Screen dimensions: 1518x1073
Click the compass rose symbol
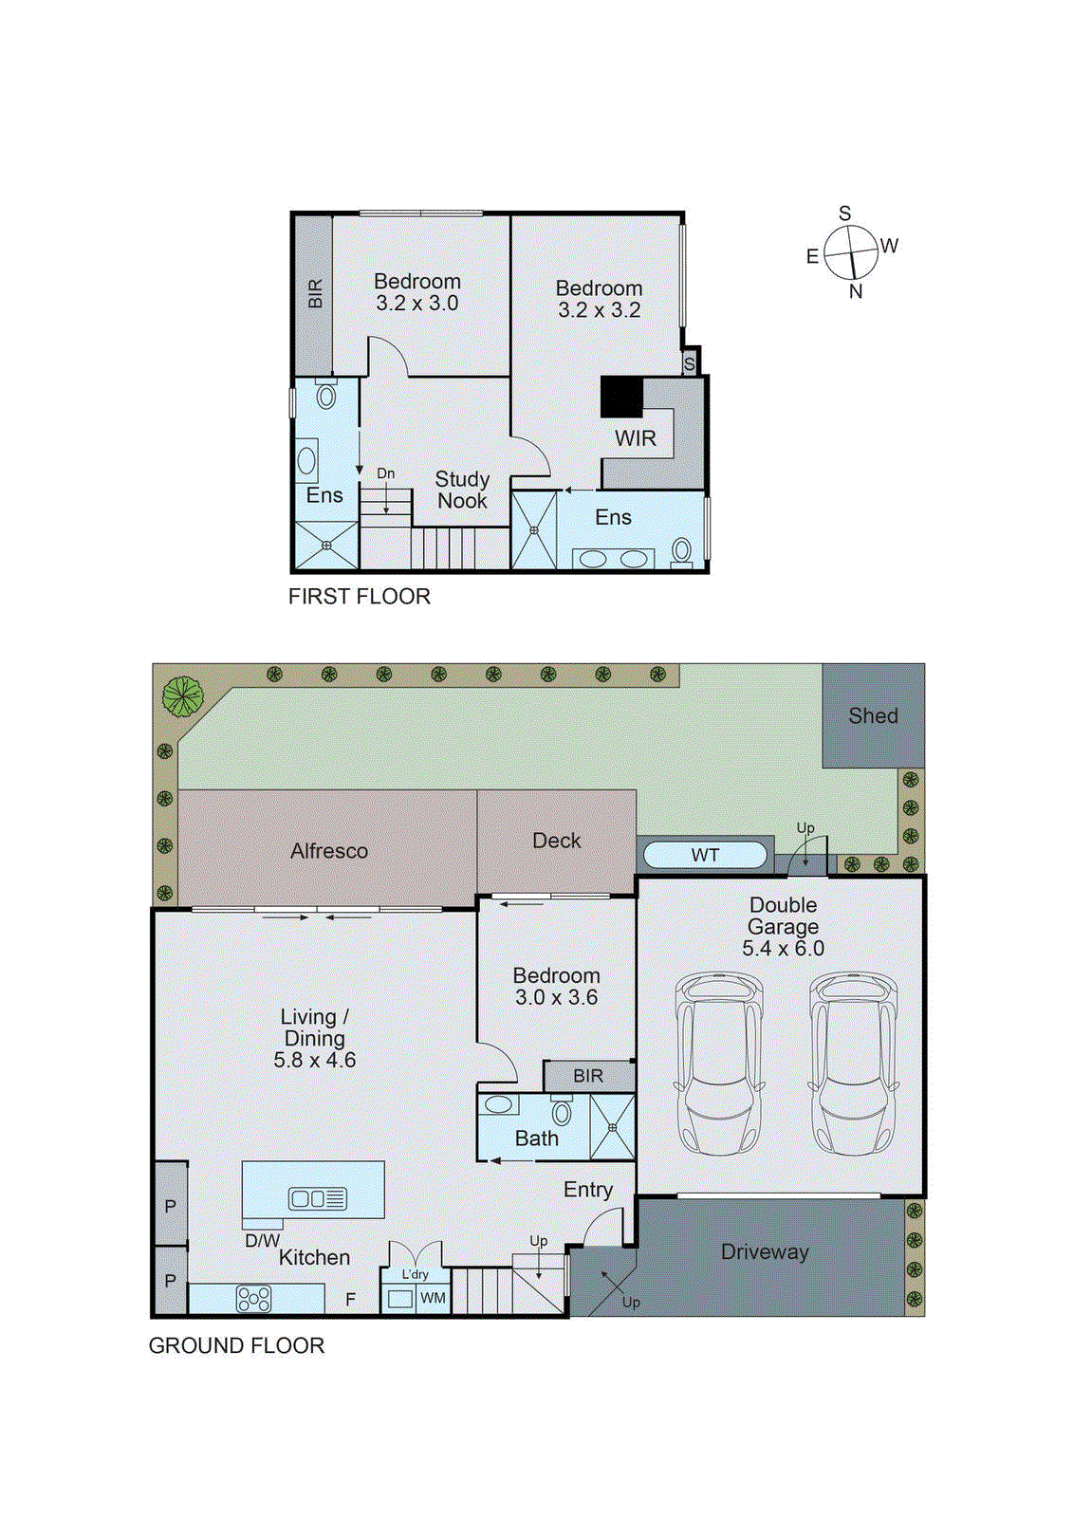[850, 252]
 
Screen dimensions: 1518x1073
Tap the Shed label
[873, 716]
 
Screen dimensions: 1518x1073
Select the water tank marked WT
[704, 855]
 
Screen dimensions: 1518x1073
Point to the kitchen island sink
[318, 1198]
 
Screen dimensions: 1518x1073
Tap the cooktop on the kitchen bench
[253, 1298]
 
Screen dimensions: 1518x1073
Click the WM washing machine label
[433, 1298]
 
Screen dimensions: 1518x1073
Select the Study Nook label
[462, 490]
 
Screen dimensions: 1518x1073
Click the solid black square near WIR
[621, 398]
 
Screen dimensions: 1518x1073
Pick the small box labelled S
[690, 363]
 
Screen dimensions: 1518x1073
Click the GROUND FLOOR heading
[236, 1345]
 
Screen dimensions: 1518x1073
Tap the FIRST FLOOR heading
[359, 596]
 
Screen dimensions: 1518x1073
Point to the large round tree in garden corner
[182, 696]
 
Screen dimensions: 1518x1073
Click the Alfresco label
[329, 851]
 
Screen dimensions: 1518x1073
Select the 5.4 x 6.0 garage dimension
[783, 948]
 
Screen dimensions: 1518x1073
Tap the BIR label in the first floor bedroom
[315, 293]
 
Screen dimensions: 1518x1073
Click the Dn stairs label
[385, 473]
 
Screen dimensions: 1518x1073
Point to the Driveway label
[765, 1251]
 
